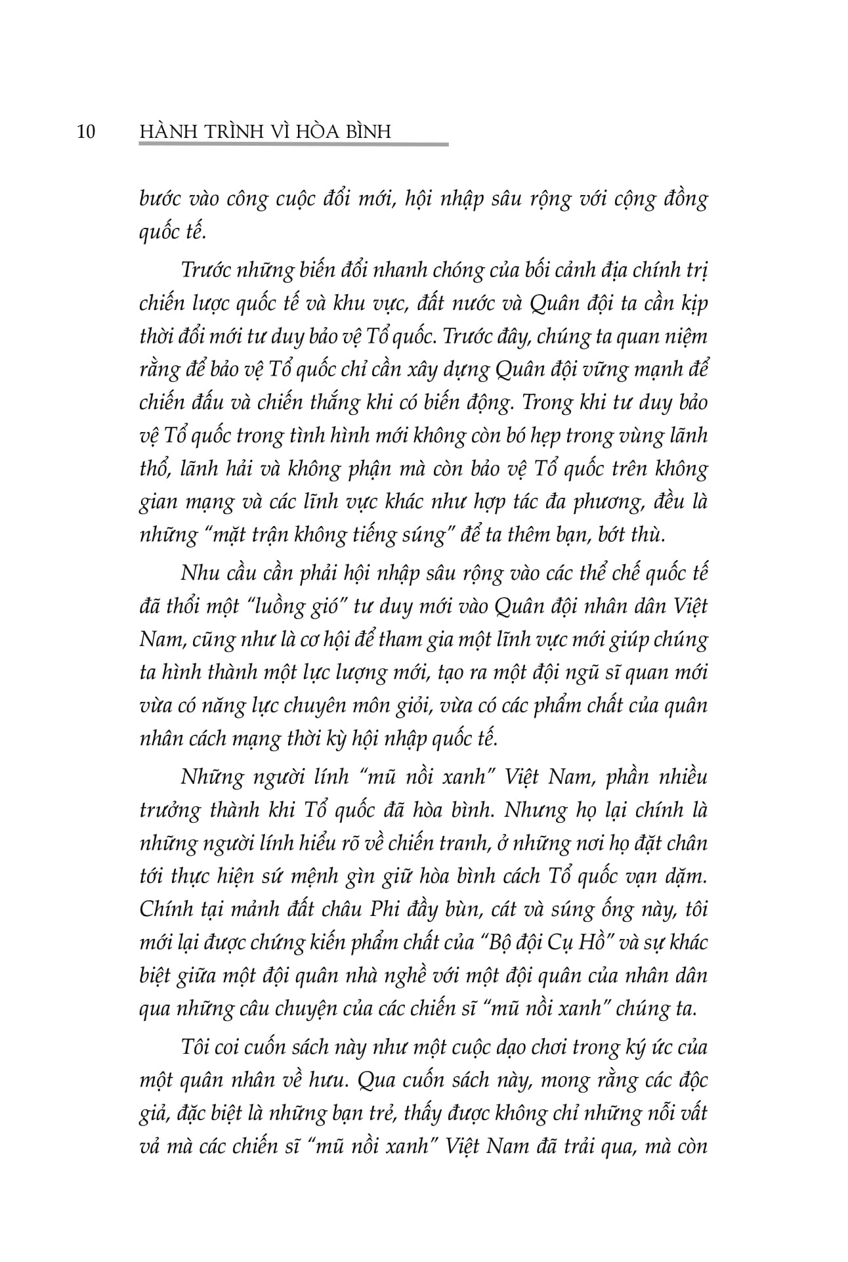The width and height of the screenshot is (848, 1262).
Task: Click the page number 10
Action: (86, 132)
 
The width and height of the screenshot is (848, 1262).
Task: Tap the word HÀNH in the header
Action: (162, 131)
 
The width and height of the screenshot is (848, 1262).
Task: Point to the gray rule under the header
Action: (295, 144)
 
